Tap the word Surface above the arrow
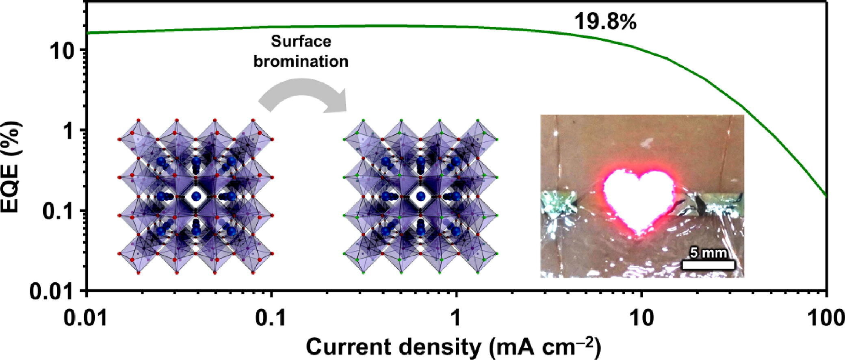[x=301, y=41]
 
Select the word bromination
[x=301, y=61]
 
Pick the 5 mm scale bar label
[x=708, y=253]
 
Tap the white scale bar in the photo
[x=708, y=265]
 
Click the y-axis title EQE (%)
[x=12, y=167]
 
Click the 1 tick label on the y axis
[x=68, y=131]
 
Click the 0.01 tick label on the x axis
[x=86, y=319]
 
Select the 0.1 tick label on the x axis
[x=271, y=319]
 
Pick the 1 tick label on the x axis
[x=456, y=319]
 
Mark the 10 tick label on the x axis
[x=641, y=319]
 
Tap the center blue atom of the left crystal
[x=197, y=197]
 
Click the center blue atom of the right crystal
[x=421, y=197]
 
